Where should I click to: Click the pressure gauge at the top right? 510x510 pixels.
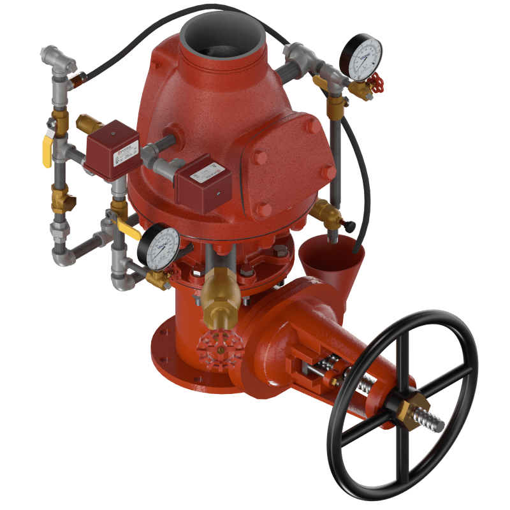(361, 57)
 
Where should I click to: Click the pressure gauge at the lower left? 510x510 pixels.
(157, 248)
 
